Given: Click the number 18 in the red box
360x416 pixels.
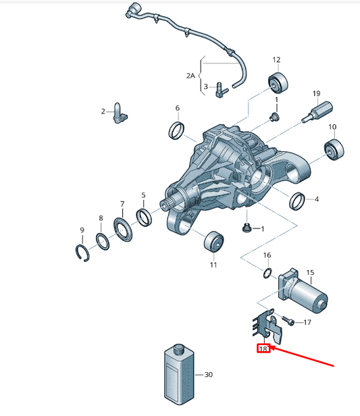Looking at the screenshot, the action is click(x=263, y=348).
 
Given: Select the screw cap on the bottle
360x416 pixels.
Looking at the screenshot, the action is click(x=179, y=349).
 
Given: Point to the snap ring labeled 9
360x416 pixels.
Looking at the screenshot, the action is click(x=82, y=254).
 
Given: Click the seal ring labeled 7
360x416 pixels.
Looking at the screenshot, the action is click(x=123, y=230).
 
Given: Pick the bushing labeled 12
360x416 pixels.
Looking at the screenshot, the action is click(x=278, y=82).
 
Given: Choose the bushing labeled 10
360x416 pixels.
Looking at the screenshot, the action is click(x=334, y=149).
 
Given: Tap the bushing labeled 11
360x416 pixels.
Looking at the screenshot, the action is click(x=213, y=241).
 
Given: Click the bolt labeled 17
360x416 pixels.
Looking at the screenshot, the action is click(x=288, y=321).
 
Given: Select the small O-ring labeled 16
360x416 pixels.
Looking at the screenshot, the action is click(x=267, y=274).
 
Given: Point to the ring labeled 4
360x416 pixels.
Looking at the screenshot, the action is click(x=297, y=201).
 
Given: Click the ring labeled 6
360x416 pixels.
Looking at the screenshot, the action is click(x=177, y=130).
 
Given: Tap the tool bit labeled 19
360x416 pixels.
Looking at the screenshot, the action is click(x=317, y=111).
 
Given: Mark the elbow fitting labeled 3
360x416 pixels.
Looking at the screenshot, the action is click(x=222, y=90).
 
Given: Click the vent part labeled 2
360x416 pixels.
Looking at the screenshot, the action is click(x=120, y=113).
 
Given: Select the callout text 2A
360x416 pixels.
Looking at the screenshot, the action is click(x=190, y=76).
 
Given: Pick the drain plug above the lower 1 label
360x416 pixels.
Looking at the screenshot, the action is click(x=247, y=228).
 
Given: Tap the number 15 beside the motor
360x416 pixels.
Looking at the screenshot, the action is click(x=310, y=272).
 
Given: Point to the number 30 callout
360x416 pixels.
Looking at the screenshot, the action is click(x=209, y=375).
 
